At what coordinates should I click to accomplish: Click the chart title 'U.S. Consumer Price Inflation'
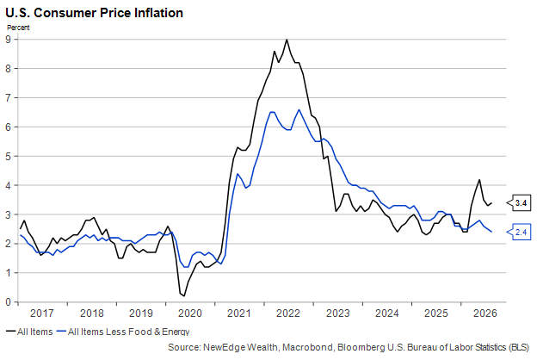(94, 13)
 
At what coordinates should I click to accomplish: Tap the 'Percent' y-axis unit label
(18, 28)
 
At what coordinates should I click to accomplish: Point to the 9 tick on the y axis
(8, 39)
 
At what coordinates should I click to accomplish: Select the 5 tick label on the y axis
(8, 156)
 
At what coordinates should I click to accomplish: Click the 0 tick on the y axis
(8, 302)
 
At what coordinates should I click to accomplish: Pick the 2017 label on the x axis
(42, 313)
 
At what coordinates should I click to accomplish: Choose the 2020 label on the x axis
(190, 313)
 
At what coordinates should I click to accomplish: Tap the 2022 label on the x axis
(288, 313)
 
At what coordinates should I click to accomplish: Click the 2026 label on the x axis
(485, 313)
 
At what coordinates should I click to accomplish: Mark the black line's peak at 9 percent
(287, 40)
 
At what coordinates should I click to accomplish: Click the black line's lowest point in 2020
(184, 295)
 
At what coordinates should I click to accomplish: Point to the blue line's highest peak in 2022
(299, 109)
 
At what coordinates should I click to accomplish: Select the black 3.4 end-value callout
(519, 203)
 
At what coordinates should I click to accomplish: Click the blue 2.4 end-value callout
(519, 233)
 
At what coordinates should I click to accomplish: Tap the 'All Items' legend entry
(29, 332)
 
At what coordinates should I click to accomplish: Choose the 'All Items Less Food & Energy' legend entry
(122, 332)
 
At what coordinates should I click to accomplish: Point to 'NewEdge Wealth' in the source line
(240, 347)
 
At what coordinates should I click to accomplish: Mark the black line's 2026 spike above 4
(479, 180)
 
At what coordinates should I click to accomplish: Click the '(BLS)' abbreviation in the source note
(519, 347)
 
